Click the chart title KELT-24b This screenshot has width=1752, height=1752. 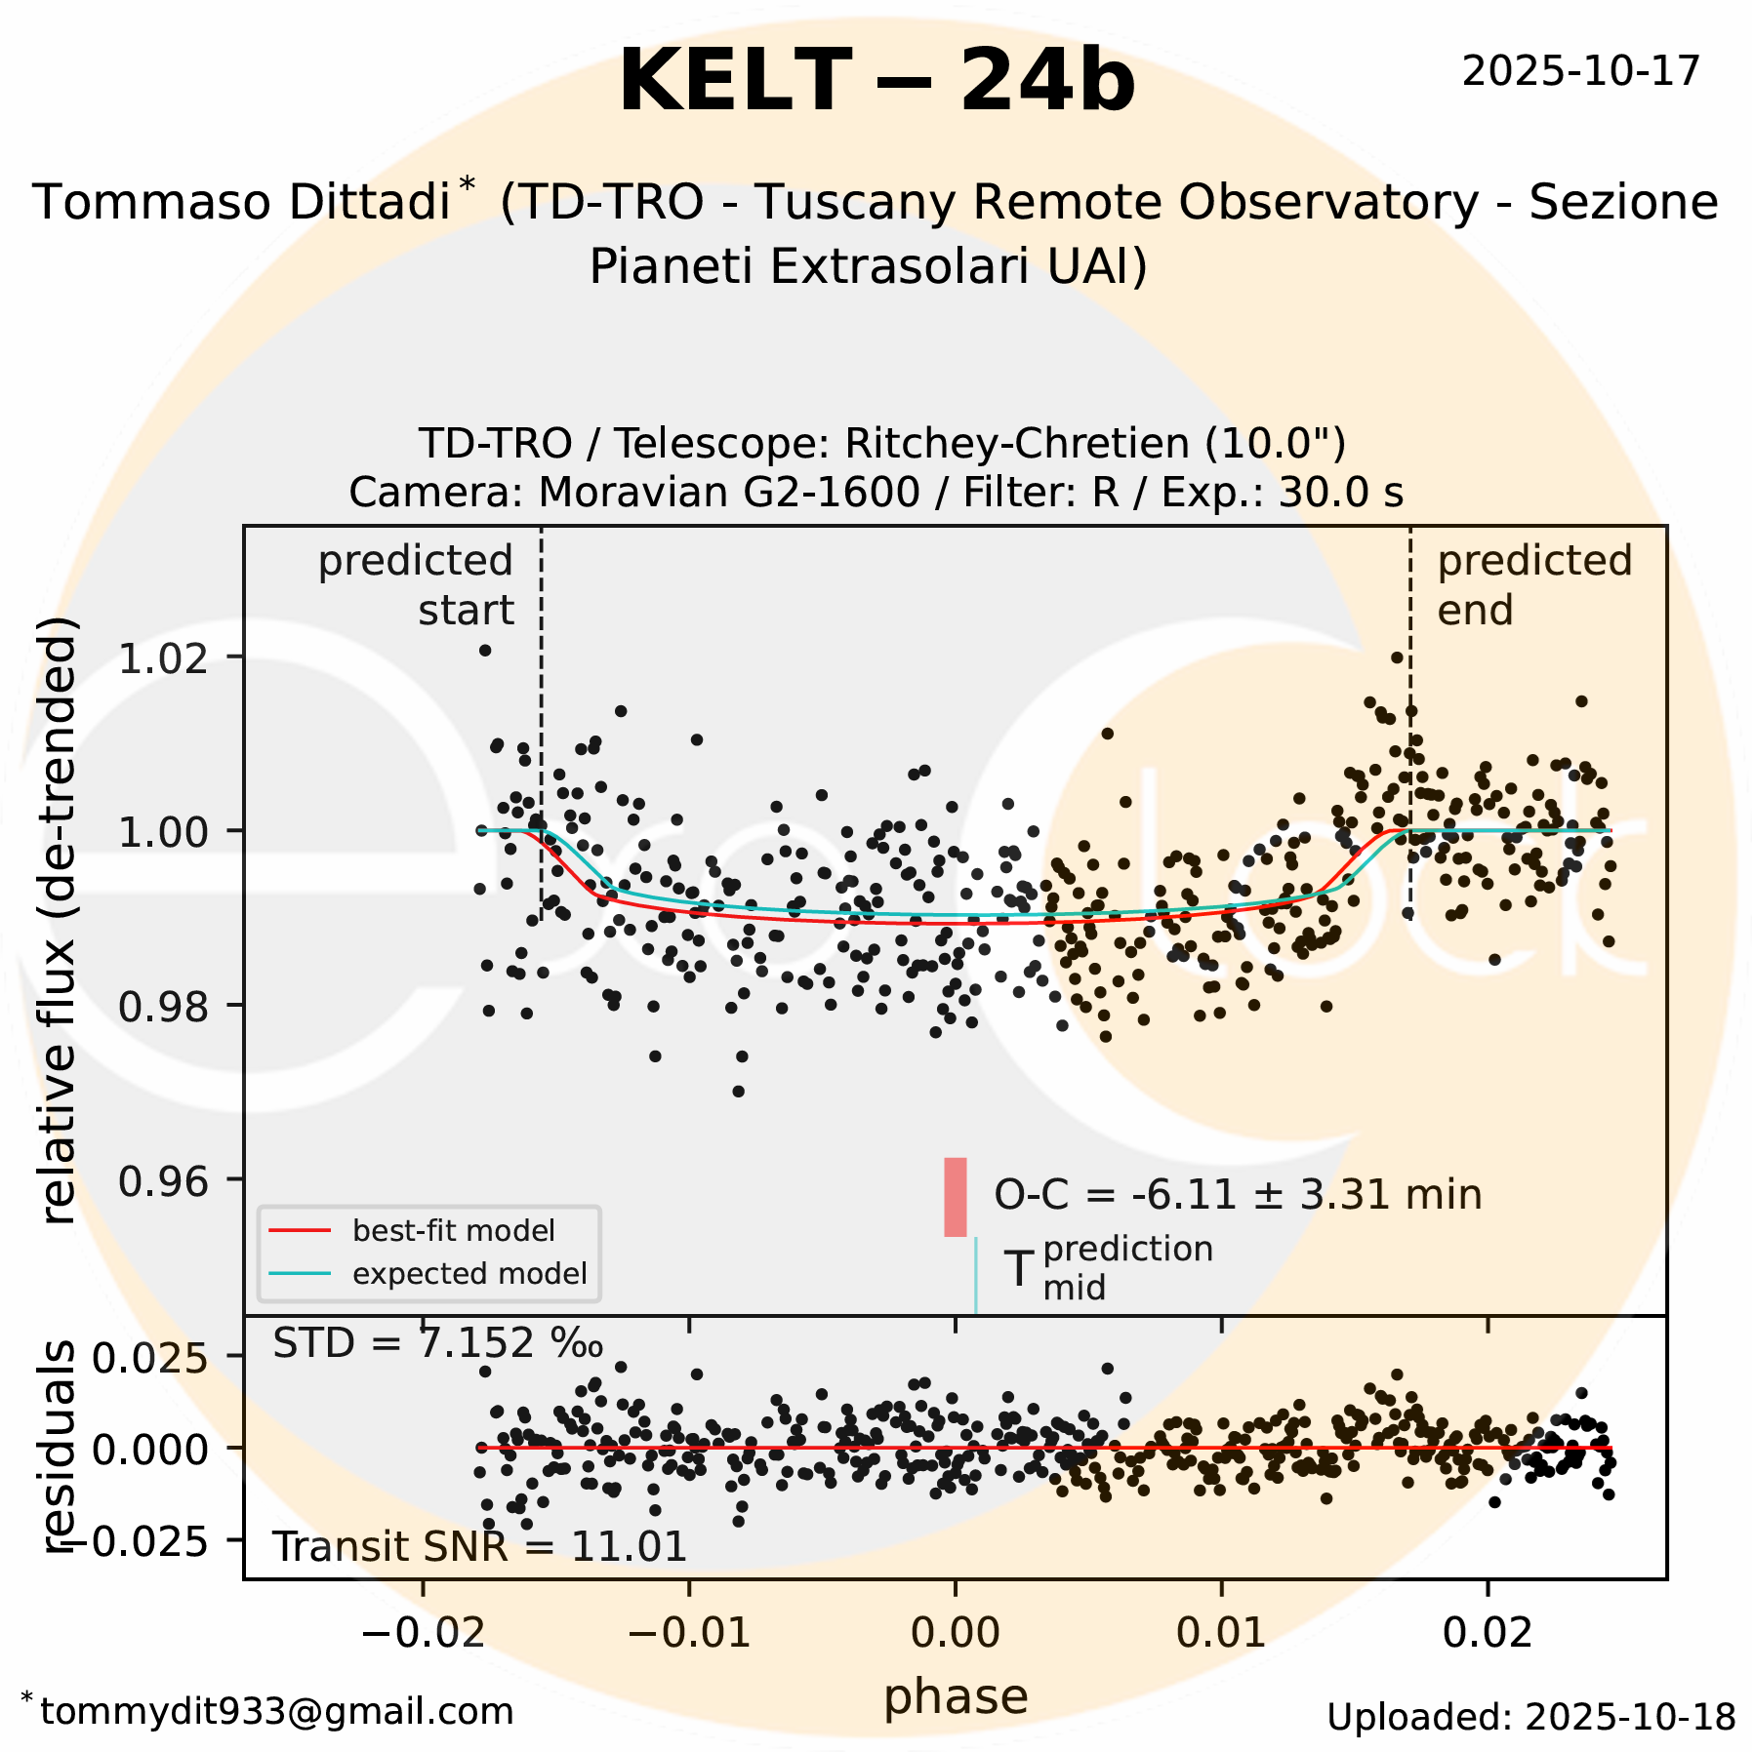tap(876, 82)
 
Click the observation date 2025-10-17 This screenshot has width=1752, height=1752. tap(1580, 71)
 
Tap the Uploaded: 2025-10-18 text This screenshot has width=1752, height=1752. tap(1530, 1717)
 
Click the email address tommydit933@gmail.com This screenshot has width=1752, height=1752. tap(276, 1712)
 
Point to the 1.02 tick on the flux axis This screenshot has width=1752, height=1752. tap(164, 658)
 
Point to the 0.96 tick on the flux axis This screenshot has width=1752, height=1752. tap(164, 1181)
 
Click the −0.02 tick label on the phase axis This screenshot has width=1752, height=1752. tap(422, 1632)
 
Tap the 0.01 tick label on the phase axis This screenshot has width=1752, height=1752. tap(1221, 1632)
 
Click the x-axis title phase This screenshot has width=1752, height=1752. tap(956, 1696)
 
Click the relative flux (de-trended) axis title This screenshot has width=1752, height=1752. tap(59, 917)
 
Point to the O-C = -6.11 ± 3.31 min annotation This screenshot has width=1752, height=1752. tap(1238, 1195)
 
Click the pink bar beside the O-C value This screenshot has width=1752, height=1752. tap(955, 1197)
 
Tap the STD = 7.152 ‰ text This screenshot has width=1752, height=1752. tap(437, 1344)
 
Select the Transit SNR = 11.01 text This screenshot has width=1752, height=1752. tap(479, 1547)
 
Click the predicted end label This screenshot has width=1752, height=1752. tap(1532, 585)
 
